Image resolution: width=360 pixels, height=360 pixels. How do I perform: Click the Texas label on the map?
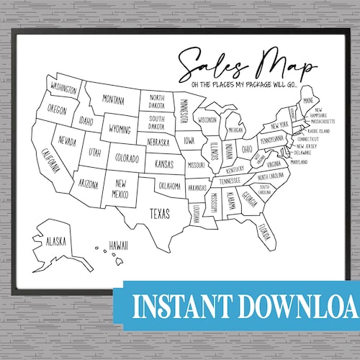point(160,212)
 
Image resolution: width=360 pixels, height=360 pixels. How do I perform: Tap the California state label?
point(50,162)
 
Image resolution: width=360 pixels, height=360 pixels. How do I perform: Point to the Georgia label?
point(251,195)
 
